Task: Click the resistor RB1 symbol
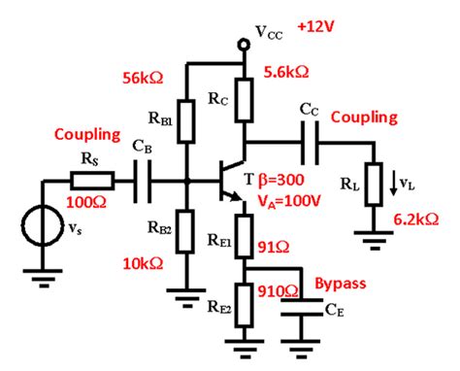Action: [186, 118]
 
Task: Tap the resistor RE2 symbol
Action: [244, 304]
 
